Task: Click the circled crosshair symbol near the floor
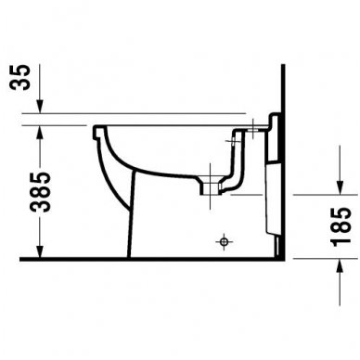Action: (x=223, y=243)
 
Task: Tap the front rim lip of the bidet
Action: (x=97, y=131)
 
